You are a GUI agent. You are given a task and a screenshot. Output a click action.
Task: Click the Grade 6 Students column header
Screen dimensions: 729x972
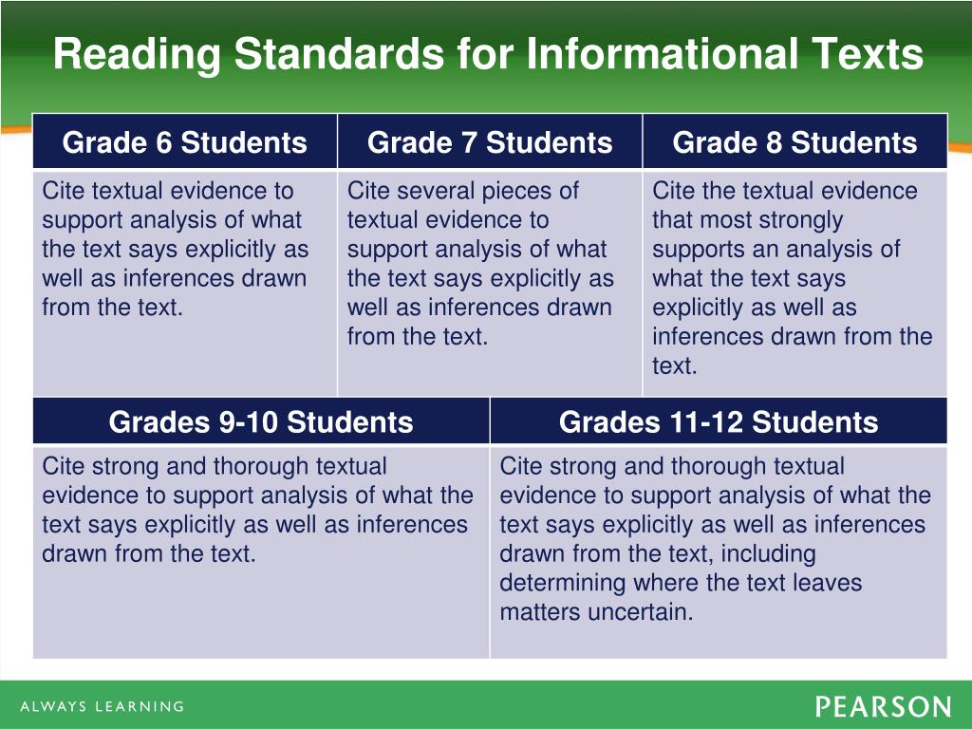click(185, 142)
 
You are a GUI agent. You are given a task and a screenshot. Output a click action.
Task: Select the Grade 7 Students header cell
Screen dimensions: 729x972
click(490, 142)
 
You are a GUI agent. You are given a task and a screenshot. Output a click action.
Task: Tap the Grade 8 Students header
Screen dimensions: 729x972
click(794, 142)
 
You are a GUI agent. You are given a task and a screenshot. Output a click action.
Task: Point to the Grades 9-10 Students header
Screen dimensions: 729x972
click(261, 421)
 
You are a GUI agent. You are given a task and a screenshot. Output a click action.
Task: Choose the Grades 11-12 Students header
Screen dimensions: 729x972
click(719, 421)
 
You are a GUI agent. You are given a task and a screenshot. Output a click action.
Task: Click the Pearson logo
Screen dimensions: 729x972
click(882, 707)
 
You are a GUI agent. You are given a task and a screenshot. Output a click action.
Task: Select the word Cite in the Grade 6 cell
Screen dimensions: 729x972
click(62, 191)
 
